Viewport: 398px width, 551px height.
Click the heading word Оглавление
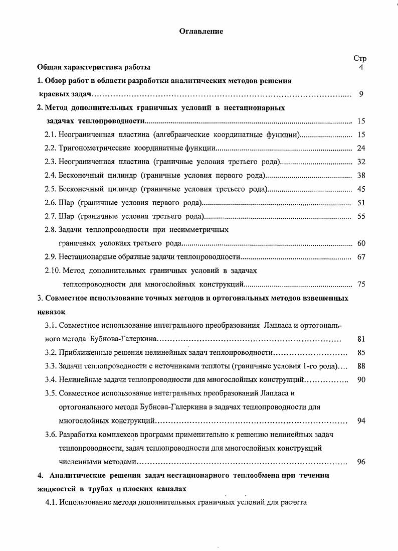pyautogui.click(x=201, y=31)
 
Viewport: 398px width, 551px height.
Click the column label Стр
pyautogui.click(x=360, y=59)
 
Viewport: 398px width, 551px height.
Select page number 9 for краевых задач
pyautogui.click(x=361, y=94)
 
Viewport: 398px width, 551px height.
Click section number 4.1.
pyautogui.click(x=51, y=502)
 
